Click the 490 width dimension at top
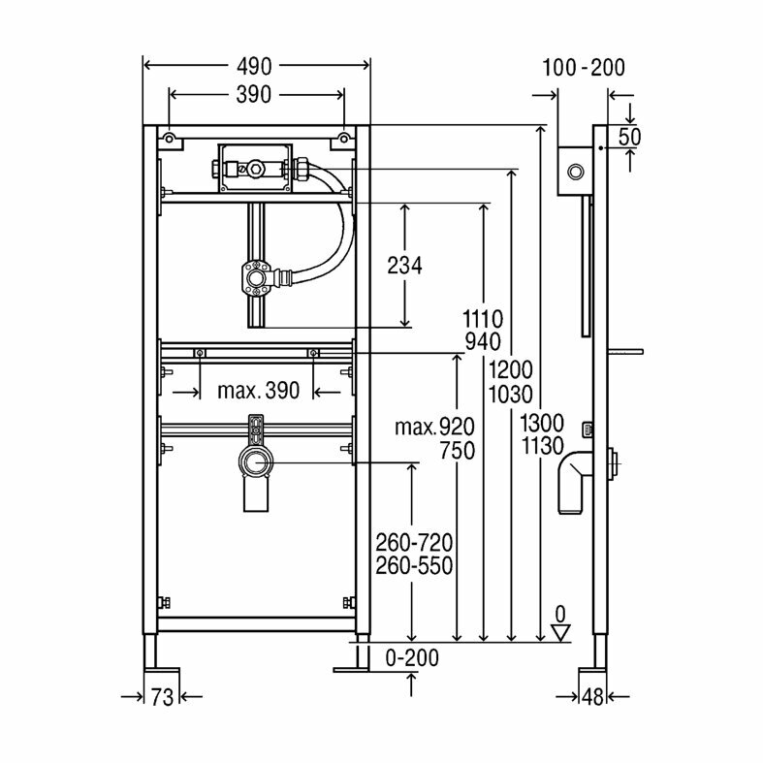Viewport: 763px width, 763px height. (256, 65)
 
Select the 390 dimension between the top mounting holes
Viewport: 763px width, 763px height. (256, 94)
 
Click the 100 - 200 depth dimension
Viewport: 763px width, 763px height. (584, 68)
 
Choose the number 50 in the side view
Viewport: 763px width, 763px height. (629, 137)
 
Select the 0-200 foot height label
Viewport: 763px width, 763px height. (413, 658)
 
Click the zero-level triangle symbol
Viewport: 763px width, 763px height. (559, 631)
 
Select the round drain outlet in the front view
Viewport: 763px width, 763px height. (257, 463)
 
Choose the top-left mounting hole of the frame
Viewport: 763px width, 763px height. (170, 141)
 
